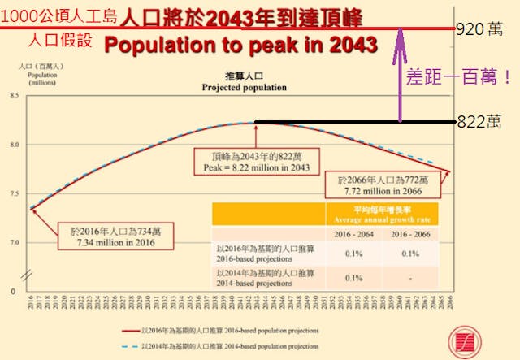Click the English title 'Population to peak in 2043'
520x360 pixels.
240,45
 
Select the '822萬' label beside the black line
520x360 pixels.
479,122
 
